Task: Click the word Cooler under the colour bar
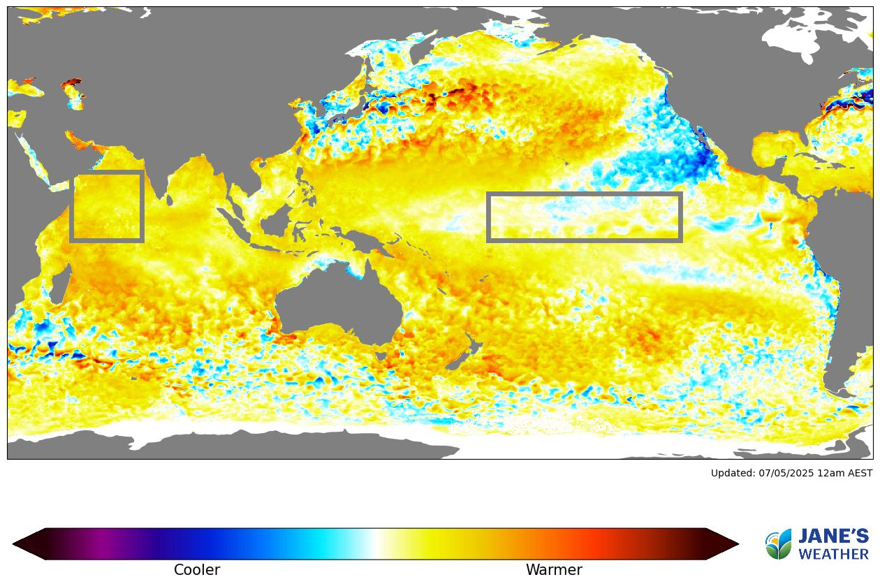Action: [196, 570]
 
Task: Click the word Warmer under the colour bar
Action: [554, 570]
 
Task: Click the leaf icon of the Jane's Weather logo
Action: [779, 544]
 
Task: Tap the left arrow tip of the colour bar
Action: [15, 543]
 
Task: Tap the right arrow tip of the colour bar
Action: [736, 543]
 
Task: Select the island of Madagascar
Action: [61, 287]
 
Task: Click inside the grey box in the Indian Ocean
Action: [107, 206]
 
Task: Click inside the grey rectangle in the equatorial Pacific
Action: [584, 217]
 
